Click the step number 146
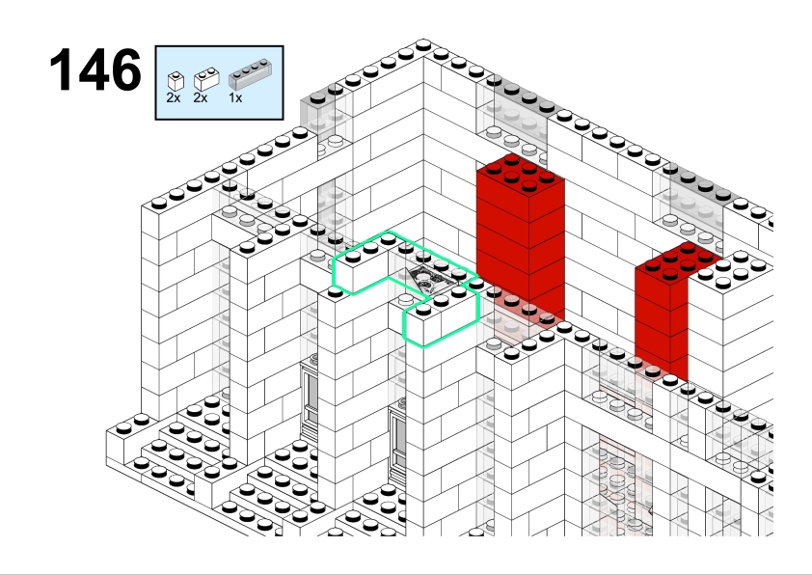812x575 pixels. pos(95,69)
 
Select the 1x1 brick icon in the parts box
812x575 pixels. pos(176,81)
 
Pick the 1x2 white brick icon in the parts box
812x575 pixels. pos(206,79)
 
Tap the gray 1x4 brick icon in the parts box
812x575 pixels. pos(250,74)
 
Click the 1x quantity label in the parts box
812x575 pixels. pos(235,97)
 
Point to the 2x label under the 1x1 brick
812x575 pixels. pos(174,97)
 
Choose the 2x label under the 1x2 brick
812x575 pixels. pos(200,97)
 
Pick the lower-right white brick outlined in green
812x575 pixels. pos(442,316)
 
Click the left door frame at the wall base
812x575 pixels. pos(311,398)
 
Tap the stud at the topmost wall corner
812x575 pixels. pos(423,44)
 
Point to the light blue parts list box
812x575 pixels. pos(220,83)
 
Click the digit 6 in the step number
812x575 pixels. pos(124,69)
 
